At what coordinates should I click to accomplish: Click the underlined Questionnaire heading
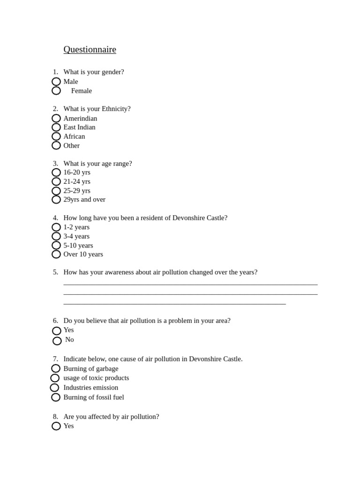tap(90, 50)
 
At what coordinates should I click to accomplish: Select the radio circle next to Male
tap(56, 82)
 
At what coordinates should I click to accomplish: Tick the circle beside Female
tap(56, 90)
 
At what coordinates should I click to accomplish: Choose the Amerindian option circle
tap(56, 118)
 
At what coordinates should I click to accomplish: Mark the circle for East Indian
tap(56, 127)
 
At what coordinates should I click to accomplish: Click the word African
tap(74, 136)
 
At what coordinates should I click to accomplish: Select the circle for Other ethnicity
tap(56, 145)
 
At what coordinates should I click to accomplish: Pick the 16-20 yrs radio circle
tap(56, 172)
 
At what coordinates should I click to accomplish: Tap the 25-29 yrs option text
tap(77, 191)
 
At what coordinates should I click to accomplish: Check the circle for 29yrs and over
tap(56, 200)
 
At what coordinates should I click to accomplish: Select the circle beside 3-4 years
tap(56, 236)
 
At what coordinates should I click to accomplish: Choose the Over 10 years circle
tap(56, 254)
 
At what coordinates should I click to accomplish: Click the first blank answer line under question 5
tap(190, 284)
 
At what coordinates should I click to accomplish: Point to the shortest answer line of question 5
tap(174, 304)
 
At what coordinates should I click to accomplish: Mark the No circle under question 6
tap(57, 341)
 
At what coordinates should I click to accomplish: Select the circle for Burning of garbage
tap(56, 368)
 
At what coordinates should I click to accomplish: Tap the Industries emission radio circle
tap(54, 388)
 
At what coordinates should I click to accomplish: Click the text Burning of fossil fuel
tap(94, 397)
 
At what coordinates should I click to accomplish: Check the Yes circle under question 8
tap(56, 426)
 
